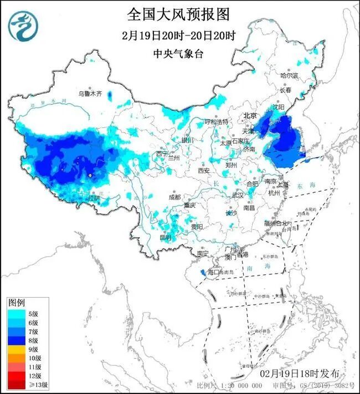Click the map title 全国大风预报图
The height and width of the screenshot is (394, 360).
coord(178,13)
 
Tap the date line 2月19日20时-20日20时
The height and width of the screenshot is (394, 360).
coord(178,36)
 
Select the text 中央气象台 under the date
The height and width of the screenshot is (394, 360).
coord(178,54)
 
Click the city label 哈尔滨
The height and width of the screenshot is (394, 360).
coord(289,75)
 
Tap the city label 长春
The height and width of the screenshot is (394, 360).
coord(285,89)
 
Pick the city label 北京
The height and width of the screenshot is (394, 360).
coord(250,116)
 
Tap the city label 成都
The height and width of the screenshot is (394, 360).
coord(174,197)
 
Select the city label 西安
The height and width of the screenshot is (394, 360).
coord(203,171)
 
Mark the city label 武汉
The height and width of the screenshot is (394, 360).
coord(238,195)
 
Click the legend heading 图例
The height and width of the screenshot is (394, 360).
coord(16,303)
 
